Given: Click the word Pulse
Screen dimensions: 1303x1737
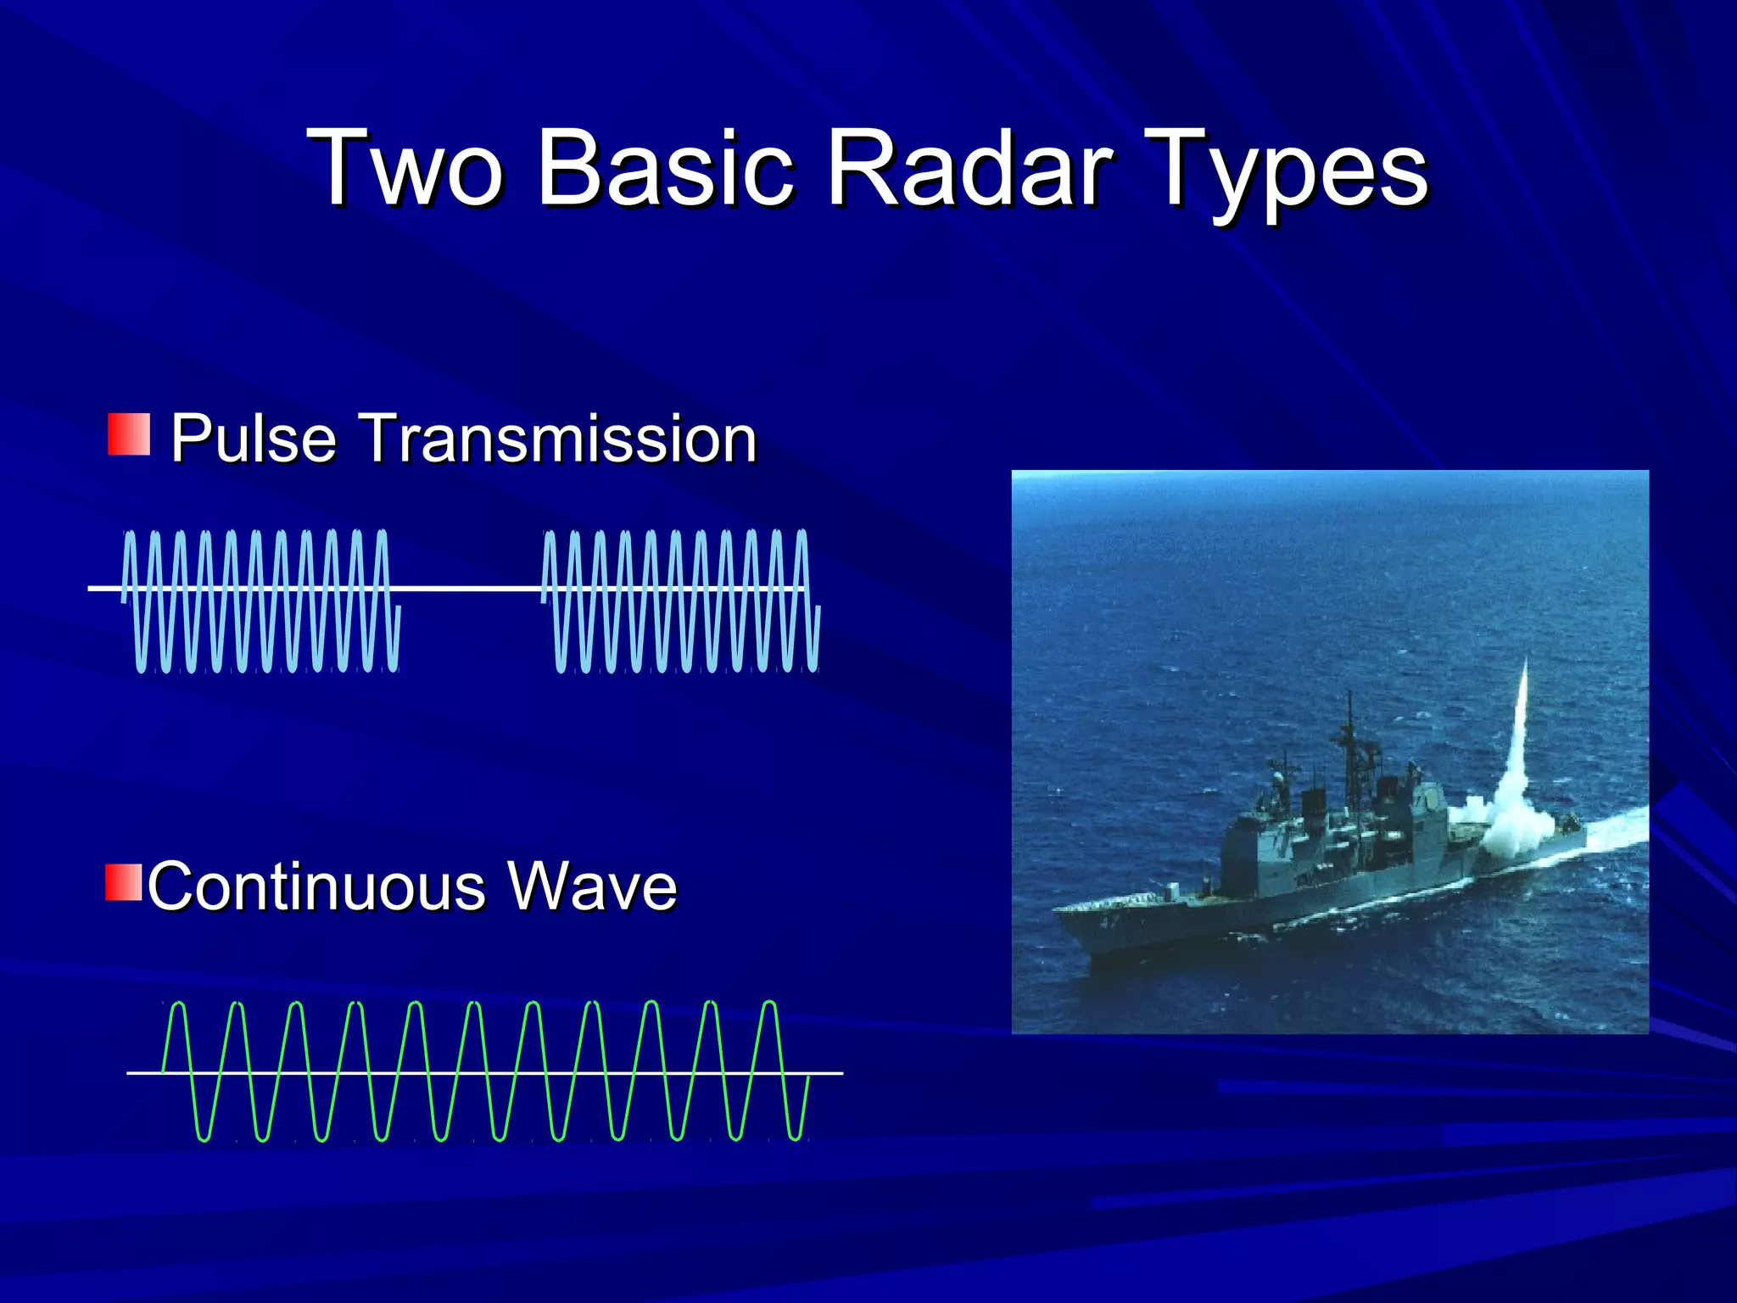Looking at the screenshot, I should coord(253,439).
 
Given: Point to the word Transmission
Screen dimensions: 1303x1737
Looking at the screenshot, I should coord(560,439).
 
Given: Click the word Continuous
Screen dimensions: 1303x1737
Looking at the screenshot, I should coord(316,886).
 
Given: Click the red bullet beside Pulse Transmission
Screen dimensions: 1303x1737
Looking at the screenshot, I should coord(129,434).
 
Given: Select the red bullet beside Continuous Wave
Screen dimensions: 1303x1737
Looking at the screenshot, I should coord(124,882).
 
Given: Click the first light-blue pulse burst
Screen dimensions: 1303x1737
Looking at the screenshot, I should coord(261,601).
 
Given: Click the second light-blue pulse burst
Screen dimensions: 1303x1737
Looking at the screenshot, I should coord(680,601).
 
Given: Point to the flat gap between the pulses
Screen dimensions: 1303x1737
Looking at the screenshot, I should coord(471,587).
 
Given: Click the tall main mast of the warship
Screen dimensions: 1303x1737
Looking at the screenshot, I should coord(1350,747).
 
